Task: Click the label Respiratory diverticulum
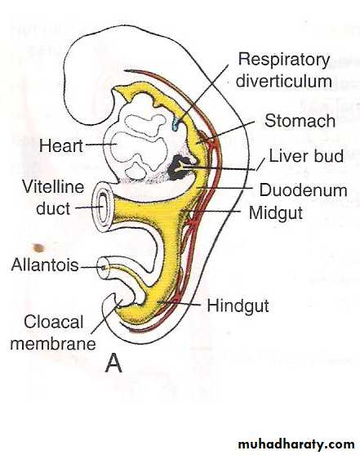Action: point(284,70)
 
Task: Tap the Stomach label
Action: point(300,120)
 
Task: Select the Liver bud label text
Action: point(306,156)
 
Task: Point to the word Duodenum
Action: point(303,190)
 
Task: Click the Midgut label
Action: point(276,213)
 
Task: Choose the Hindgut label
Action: point(238,306)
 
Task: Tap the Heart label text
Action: point(61,145)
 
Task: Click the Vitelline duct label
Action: point(53,198)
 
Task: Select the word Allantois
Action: point(45,265)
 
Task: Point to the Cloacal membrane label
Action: point(53,332)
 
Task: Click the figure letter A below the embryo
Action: point(113,364)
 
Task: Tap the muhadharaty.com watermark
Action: point(296,444)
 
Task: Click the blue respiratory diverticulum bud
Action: point(176,124)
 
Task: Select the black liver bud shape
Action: point(179,168)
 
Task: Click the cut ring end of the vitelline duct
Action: point(104,207)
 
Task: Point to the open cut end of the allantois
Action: point(104,268)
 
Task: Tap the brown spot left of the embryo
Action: point(38,248)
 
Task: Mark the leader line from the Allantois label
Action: point(92,267)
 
